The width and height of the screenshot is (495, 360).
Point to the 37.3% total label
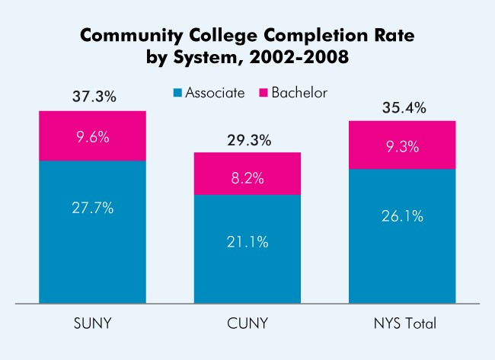point(92,97)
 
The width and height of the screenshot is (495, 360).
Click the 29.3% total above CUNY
point(247,141)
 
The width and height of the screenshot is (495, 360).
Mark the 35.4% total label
point(402,108)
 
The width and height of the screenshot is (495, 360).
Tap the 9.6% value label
point(92,138)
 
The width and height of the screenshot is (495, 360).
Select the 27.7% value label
point(92,207)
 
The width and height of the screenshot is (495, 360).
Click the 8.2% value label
point(247,178)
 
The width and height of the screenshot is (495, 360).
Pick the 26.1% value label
point(402,215)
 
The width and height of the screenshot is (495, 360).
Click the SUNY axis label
point(92,323)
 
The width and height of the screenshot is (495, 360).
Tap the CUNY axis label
point(247,323)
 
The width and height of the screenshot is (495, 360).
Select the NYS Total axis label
point(402,323)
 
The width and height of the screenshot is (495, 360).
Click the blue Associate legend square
point(177,93)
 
